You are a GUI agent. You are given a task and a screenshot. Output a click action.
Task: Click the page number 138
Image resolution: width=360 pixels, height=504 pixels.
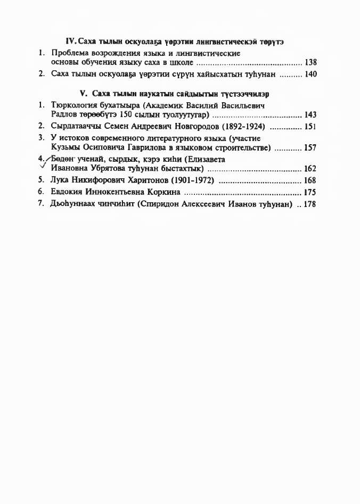click(310, 63)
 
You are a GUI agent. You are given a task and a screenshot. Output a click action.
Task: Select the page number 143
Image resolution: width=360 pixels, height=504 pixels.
click(310, 115)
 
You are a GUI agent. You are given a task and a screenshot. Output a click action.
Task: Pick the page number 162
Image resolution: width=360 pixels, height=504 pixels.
click(310, 169)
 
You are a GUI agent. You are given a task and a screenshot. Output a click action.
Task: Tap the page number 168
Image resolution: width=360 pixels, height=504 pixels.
click(310, 180)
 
